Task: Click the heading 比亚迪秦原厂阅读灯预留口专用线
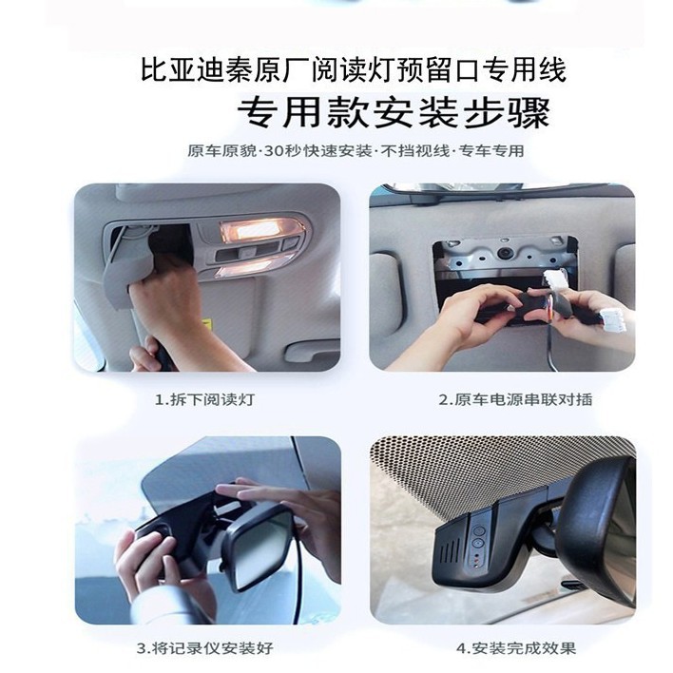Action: tap(354, 70)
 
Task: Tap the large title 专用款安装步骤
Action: tap(394, 113)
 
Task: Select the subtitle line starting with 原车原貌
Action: tap(356, 151)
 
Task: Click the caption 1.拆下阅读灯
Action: tap(204, 399)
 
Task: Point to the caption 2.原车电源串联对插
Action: tap(515, 399)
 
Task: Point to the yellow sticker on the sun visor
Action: tap(209, 322)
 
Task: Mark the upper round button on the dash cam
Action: tap(478, 530)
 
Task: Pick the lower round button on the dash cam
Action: tap(478, 544)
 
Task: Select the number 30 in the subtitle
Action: tap(271, 151)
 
